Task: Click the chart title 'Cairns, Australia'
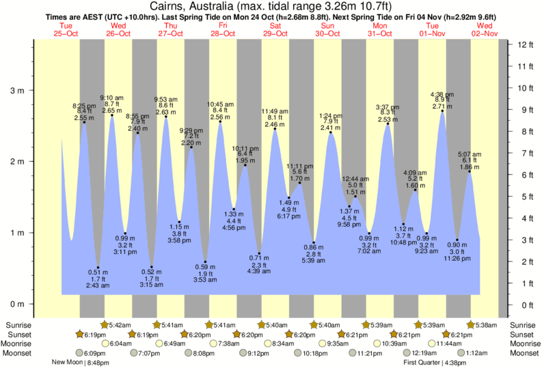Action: click(193, 6)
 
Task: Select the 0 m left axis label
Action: click(18, 304)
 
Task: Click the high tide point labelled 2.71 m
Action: click(442, 111)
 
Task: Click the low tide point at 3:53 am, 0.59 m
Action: click(205, 261)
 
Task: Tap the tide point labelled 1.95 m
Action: click(245, 165)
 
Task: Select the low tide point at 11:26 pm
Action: click(457, 240)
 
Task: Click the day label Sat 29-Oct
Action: click(275, 29)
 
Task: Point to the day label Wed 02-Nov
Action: click(485, 29)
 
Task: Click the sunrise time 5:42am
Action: click(120, 324)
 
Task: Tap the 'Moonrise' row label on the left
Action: click(21, 343)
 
